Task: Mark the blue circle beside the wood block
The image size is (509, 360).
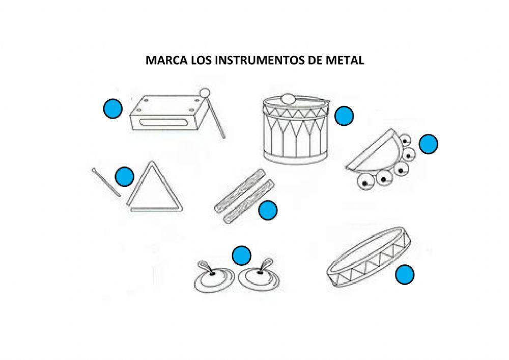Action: click(112, 108)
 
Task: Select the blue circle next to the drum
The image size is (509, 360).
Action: click(345, 117)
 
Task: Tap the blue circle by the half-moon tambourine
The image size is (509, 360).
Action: click(429, 144)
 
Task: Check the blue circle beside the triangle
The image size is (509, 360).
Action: click(124, 177)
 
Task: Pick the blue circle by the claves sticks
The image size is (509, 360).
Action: click(268, 210)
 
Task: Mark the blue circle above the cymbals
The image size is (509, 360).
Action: click(241, 256)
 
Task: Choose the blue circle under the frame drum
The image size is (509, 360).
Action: click(405, 275)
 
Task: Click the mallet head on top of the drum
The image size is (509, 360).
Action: click(288, 98)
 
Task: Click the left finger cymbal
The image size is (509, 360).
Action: click(210, 278)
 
